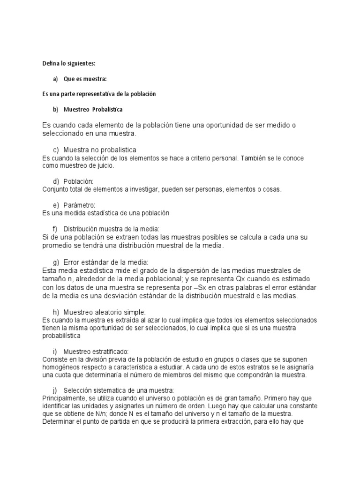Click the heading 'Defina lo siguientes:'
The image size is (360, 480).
(68, 63)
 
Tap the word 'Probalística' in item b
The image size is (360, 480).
(107, 109)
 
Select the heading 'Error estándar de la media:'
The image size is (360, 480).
(105, 262)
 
